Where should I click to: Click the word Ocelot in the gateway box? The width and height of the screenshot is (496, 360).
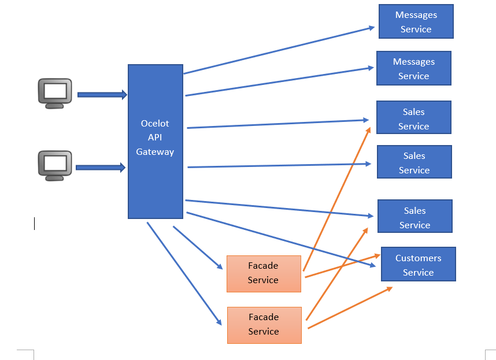[154, 123]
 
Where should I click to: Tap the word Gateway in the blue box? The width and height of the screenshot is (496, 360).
[155, 151]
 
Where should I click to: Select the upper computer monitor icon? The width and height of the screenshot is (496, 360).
[55, 93]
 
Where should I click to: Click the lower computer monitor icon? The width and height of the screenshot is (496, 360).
[55, 166]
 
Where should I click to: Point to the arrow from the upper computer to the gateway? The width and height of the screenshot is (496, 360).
[102, 95]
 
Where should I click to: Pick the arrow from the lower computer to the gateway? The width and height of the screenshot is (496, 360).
[100, 168]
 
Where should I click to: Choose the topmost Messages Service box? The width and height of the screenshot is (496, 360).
[416, 22]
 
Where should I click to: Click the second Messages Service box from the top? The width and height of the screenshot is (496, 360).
[413, 68]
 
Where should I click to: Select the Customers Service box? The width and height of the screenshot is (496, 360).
[418, 265]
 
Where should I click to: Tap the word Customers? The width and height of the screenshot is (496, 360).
[418, 258]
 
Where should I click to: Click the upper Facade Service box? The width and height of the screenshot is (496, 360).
[264, 273]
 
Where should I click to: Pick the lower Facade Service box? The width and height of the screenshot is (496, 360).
[264, 325]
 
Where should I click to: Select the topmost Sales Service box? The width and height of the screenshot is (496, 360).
[413, 118]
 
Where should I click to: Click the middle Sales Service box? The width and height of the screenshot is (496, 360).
[414, 162]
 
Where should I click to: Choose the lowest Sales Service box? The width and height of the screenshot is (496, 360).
[414, 217]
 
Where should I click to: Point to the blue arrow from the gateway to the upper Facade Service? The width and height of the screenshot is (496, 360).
[197, 247]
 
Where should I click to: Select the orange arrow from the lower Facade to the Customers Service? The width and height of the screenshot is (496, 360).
[350, 307]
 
